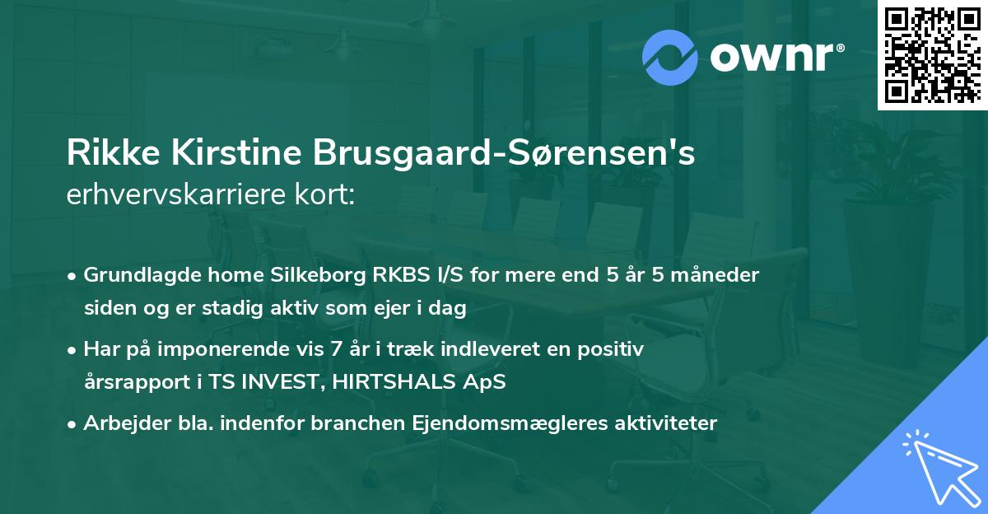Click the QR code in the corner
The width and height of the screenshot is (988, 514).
click(932, 54)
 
